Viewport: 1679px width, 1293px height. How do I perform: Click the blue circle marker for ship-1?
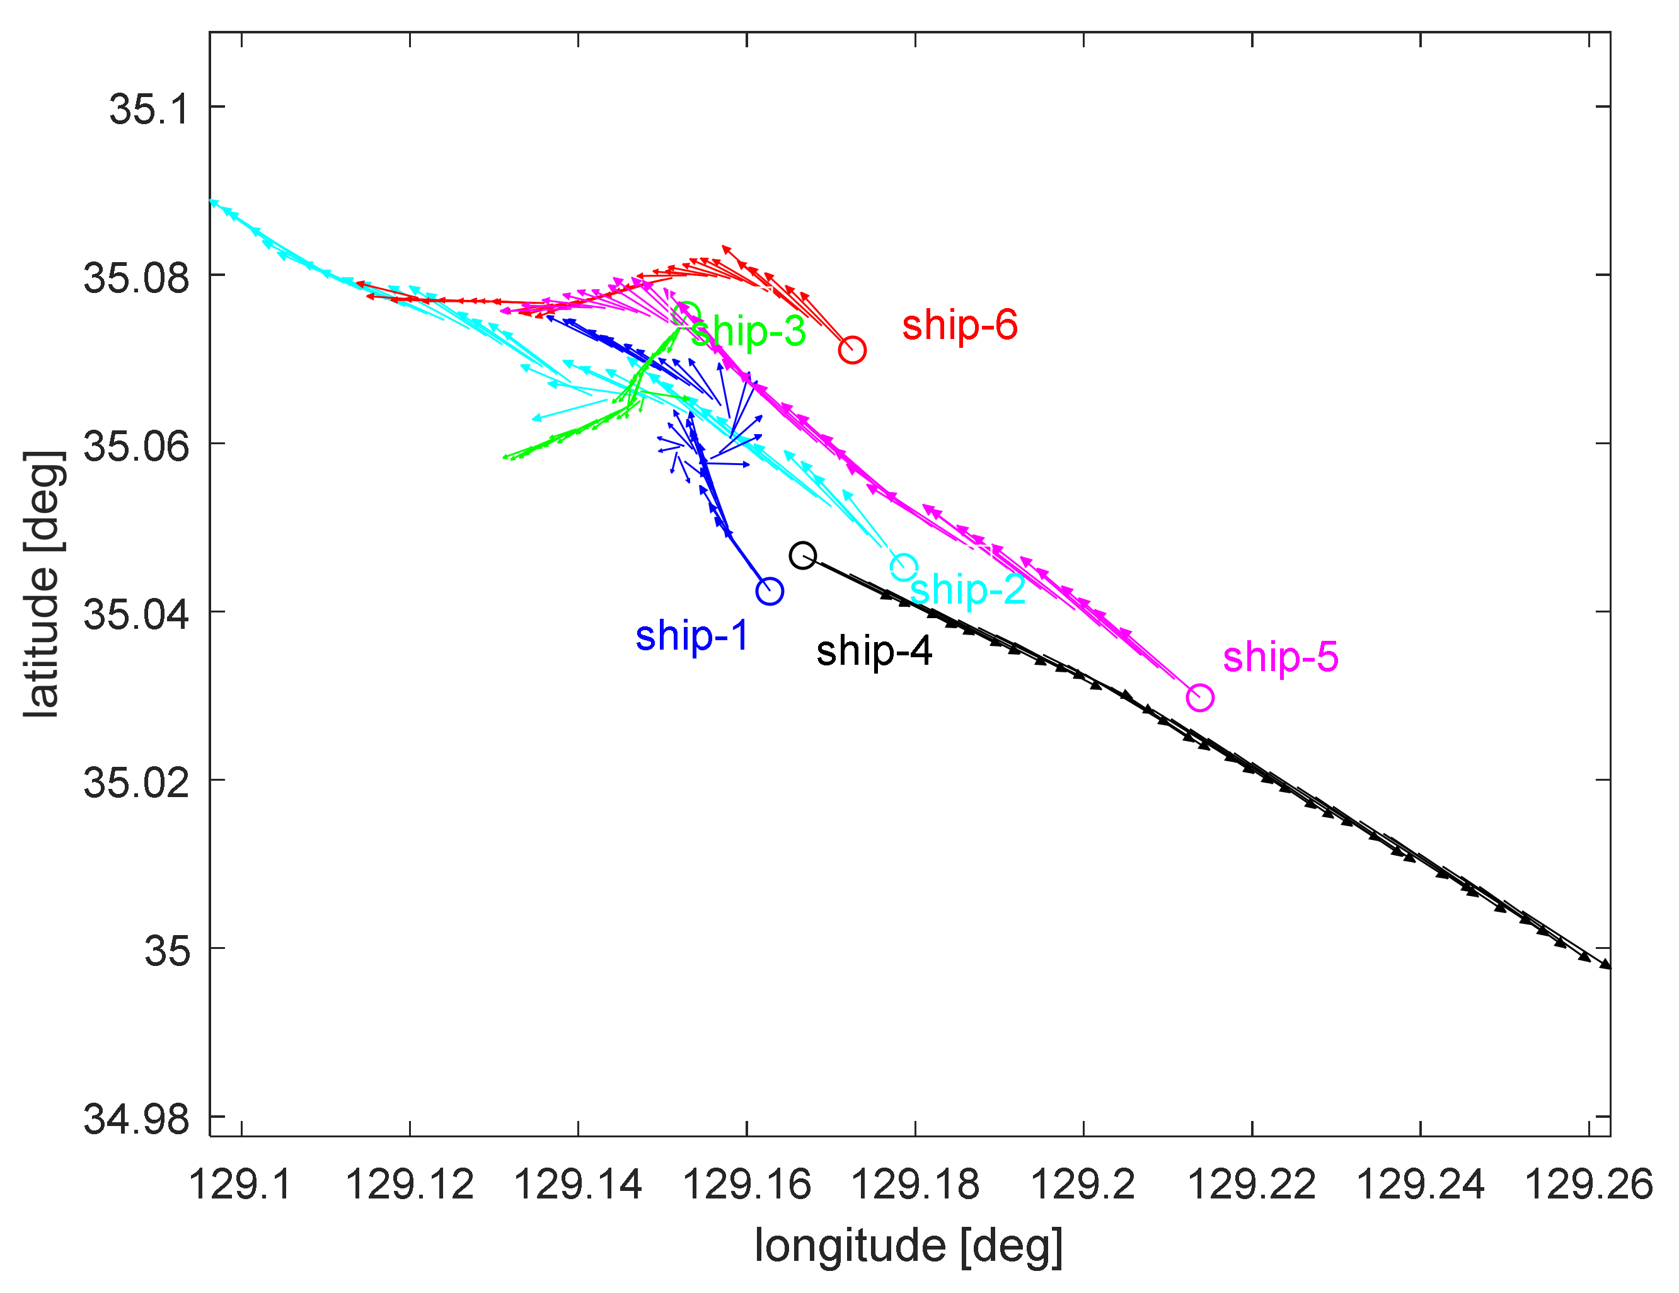(x=770, y=591)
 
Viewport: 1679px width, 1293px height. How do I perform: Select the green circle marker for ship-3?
(x=686, y=315)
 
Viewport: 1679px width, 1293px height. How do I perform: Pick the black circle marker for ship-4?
(x=802, y=555)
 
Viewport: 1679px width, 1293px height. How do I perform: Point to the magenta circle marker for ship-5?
(x=1200, y=698)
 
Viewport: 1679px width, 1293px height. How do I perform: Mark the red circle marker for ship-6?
(x=852, y=350)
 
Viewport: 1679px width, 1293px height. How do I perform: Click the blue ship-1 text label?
(x=692, y=636)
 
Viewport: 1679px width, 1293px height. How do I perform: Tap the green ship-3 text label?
(x=749, y=331)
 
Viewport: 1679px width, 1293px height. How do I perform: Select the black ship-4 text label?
(x=874, y=651)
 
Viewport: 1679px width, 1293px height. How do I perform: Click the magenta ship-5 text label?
(x=1281, y=657)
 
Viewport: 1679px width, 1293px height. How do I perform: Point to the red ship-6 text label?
(x=959, y=325)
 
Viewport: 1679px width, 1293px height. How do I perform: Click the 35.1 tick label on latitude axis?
(x=148, y=108)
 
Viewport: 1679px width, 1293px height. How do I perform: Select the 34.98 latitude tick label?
(x=136, y=1118)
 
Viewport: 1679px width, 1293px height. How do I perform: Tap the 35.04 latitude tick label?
(x=136, y=614)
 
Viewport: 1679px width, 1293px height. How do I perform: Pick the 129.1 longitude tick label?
(x=241, y=1185)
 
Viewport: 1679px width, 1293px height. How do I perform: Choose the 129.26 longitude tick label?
(x=1588, y=1185)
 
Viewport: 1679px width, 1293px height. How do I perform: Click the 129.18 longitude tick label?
(x=915, y=1185)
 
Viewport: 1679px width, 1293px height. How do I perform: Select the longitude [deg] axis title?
(x=909, y=1245)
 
